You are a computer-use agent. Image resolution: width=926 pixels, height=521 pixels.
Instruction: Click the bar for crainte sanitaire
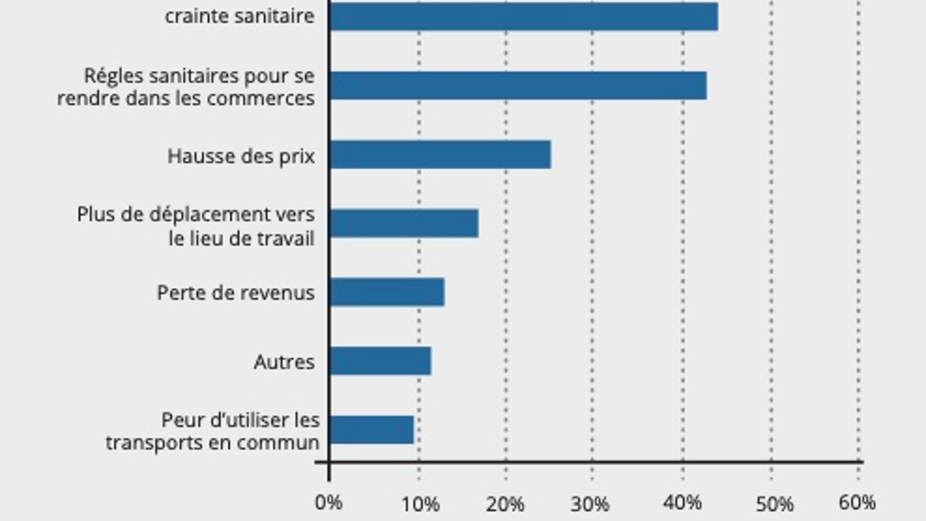[x=523, y=17]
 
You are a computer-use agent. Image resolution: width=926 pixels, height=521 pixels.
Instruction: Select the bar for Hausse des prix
[x=440, y=155]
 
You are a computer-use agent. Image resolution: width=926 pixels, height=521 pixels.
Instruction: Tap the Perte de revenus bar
[x=387, y=292]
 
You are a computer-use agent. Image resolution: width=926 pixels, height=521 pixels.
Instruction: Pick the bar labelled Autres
[x=380, y=361]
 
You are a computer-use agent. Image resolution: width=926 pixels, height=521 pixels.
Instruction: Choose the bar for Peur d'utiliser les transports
[x=371, y=430]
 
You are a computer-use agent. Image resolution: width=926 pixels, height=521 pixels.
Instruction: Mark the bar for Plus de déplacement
[x=404, y=223]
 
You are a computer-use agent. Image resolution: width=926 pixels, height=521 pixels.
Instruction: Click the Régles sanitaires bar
[x=518, y=86]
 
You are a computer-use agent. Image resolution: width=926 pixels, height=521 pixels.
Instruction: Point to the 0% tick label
[x=328, y=503]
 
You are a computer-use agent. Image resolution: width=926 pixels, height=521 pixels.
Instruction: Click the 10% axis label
[x=420, y=505]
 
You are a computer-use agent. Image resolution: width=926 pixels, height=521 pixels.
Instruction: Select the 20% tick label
[x=505, y=505]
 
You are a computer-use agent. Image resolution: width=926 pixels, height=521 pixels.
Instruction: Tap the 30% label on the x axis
[x=590, y=505]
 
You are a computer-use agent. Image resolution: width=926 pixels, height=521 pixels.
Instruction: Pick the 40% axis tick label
[x=682, y=503]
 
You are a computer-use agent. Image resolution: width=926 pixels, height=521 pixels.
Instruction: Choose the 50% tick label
[x=774, y=505]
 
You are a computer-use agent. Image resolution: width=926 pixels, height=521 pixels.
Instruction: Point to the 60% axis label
[x=857, y=503]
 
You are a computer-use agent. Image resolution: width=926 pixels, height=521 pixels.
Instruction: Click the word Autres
[x=284, y=362]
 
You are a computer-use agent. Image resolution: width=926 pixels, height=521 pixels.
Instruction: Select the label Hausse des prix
[x=241, y=156]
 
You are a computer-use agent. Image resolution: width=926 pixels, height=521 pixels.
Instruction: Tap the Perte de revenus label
[x=235, y=293]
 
